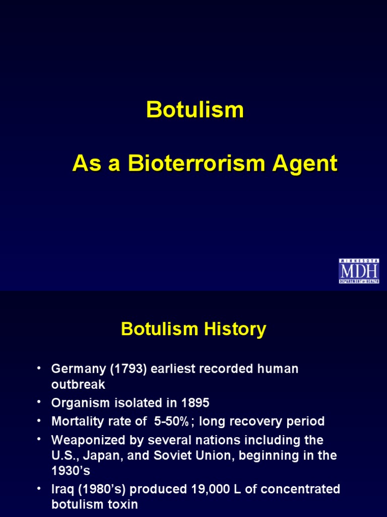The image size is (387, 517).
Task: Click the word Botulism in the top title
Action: [x=195, y=110]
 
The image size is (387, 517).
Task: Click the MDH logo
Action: [x=359, y=271]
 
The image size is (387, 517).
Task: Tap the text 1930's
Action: [x=71, y=471]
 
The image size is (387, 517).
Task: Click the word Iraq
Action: [x=62, y=489]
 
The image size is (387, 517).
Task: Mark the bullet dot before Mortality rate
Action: [x=38, y=421]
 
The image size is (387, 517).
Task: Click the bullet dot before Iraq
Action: [x=38, y=489]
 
